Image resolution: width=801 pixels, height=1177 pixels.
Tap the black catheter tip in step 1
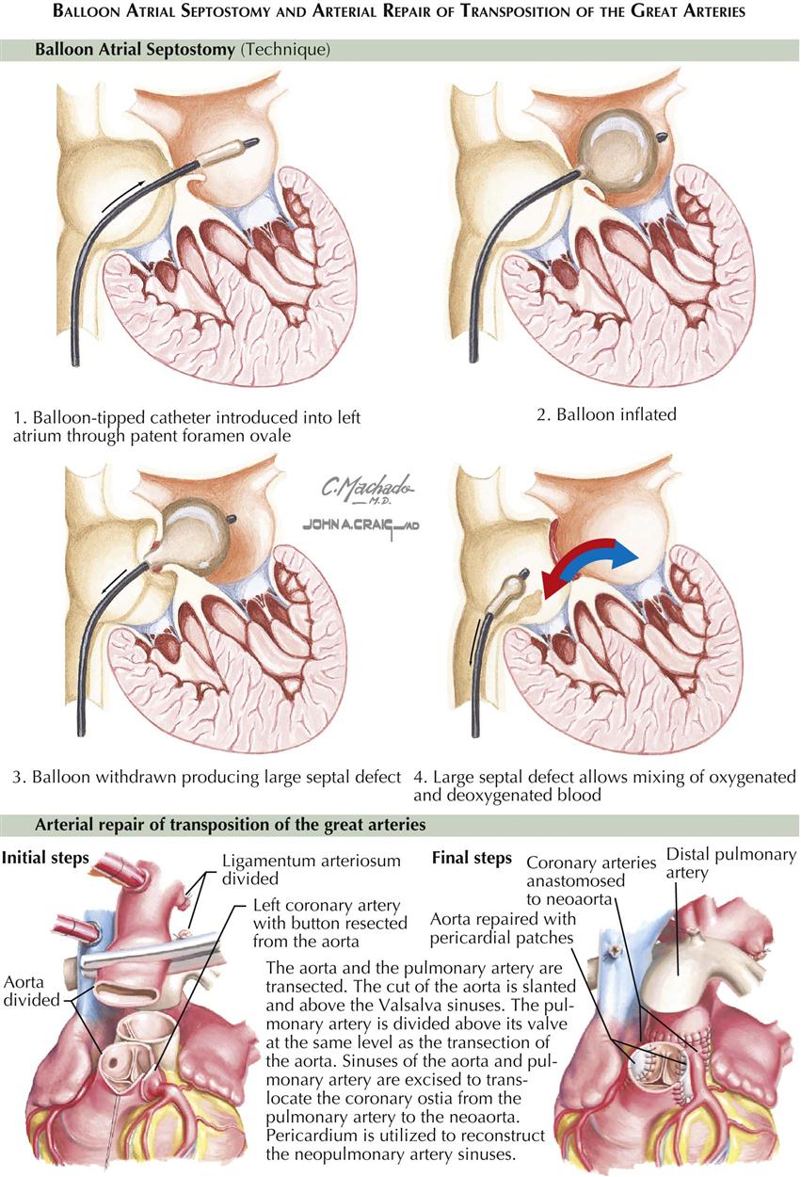point(251,144)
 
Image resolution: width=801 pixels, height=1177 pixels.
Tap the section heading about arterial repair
point(231,825)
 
